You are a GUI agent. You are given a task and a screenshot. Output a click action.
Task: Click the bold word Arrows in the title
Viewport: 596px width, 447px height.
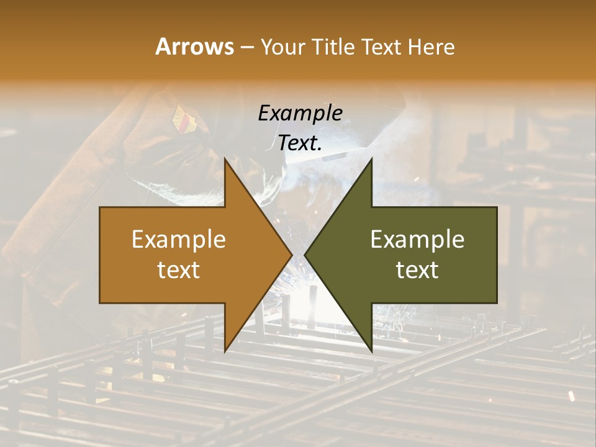click(194, 47)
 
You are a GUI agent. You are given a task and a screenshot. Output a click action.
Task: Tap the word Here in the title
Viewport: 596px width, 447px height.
click(431, 47)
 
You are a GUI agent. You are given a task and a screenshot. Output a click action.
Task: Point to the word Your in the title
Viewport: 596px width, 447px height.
click(282, 47)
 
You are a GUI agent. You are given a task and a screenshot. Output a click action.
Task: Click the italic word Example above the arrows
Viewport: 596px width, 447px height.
click(300, 114)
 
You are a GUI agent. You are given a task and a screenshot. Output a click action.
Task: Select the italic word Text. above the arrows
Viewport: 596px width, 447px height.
click(300, 143)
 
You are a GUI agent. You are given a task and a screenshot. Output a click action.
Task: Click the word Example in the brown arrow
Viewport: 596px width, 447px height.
click(179, 240)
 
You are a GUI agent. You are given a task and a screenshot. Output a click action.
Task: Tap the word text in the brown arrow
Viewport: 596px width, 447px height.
click(179, 270)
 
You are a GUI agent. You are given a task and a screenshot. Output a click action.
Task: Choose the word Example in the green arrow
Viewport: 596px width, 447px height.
click(417, 240)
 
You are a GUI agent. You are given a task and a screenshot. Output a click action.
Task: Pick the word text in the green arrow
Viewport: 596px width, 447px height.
click(417, 270)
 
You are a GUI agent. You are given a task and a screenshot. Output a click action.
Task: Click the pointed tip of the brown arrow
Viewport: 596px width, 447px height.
click(291, 255)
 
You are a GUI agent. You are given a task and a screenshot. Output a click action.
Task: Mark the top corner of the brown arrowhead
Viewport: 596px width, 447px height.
click(225, 160)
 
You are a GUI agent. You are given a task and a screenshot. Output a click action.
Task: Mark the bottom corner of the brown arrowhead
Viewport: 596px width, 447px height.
click(225, 351)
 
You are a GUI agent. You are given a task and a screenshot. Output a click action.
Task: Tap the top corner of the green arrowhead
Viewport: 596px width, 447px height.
click(371, 160)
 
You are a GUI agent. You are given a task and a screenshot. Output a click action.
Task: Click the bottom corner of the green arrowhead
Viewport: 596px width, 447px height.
click(371, 351)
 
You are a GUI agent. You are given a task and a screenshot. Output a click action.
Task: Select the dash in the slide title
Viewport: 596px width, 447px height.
click(246, 48)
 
